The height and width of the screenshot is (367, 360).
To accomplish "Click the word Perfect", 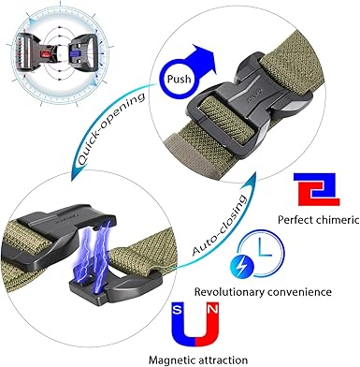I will click(x=294, y=221).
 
